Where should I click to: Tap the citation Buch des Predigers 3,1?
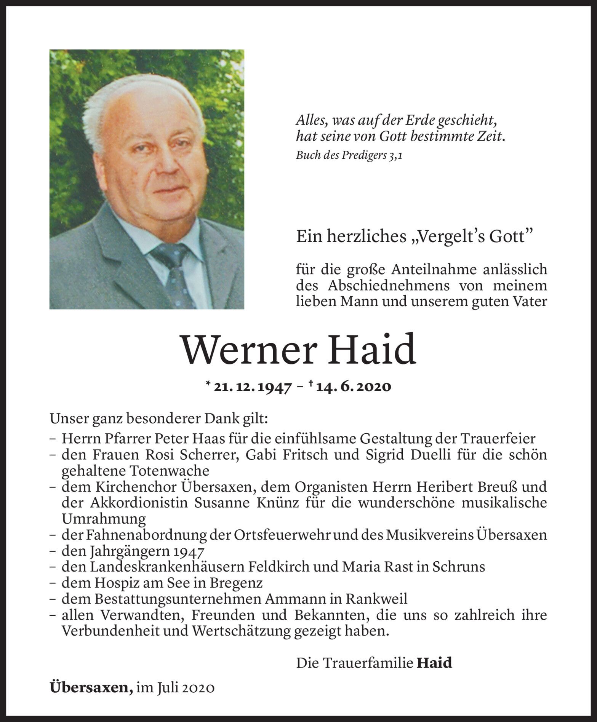349,155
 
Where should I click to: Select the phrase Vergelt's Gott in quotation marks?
471,237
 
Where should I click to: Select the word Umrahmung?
104,519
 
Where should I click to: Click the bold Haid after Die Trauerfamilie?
434,663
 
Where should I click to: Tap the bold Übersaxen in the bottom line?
91,688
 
